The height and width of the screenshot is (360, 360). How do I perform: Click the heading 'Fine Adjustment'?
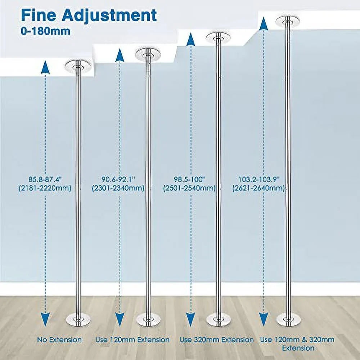click(89, 15)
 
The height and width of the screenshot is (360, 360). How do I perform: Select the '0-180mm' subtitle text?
click(45, 31)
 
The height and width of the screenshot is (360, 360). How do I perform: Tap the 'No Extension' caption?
click(59, 340)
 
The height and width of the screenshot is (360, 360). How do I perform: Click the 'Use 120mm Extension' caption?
click(132, 340)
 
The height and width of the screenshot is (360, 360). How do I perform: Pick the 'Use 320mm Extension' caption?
click(216, 340)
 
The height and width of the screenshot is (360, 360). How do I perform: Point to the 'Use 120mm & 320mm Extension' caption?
click(297, 344)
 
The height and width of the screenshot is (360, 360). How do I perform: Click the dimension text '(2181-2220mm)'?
click(45, 188)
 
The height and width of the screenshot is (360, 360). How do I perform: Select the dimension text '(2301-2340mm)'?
click(118, 188)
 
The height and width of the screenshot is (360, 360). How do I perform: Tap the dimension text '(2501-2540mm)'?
click(189, 188)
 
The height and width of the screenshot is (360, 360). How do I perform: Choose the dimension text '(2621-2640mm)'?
click(258, 188)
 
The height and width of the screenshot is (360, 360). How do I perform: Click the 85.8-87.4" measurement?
click(45, 179)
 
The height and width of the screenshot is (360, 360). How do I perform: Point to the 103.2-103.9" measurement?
click(259, 179)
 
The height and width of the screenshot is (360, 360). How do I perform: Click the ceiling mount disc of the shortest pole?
click(78, 66)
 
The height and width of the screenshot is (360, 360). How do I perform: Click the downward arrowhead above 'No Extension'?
click(45, 320)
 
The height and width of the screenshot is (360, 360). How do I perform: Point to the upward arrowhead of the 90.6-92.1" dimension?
click(120, 55)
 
